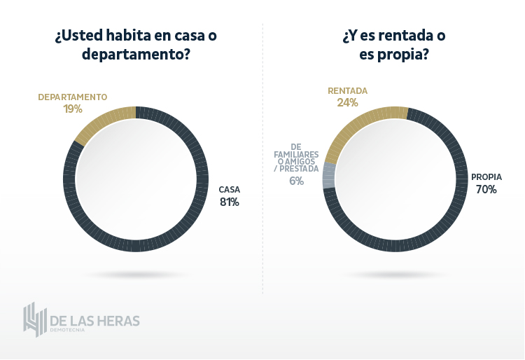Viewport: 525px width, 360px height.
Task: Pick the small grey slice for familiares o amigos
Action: click(x=328, y=176)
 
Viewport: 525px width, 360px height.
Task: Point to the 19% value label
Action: click(x=72, y=109)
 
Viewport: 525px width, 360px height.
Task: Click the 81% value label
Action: click(x=229, y=202)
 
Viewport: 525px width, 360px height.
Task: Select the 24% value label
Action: click(x=347, y=102)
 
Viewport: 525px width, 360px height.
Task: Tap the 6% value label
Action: click(x=296, y=181)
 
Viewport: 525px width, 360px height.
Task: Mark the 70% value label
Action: click(x=486, y=189)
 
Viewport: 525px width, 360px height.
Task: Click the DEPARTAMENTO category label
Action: click(x=72, y=97)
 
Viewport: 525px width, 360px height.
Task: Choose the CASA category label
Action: click(x=229, y=190)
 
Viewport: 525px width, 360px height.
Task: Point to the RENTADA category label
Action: click(x=347, y=91)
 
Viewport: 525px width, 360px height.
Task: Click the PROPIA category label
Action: click(x=486, y=177)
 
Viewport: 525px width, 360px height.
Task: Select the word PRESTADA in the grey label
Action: click(x=302, y=169)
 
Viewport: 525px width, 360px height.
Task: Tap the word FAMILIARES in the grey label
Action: click(x=295, y=154)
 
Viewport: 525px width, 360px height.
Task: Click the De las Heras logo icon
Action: click(x=35, y=319)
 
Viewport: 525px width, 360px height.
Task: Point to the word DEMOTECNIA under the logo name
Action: click(x=67, y=329)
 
